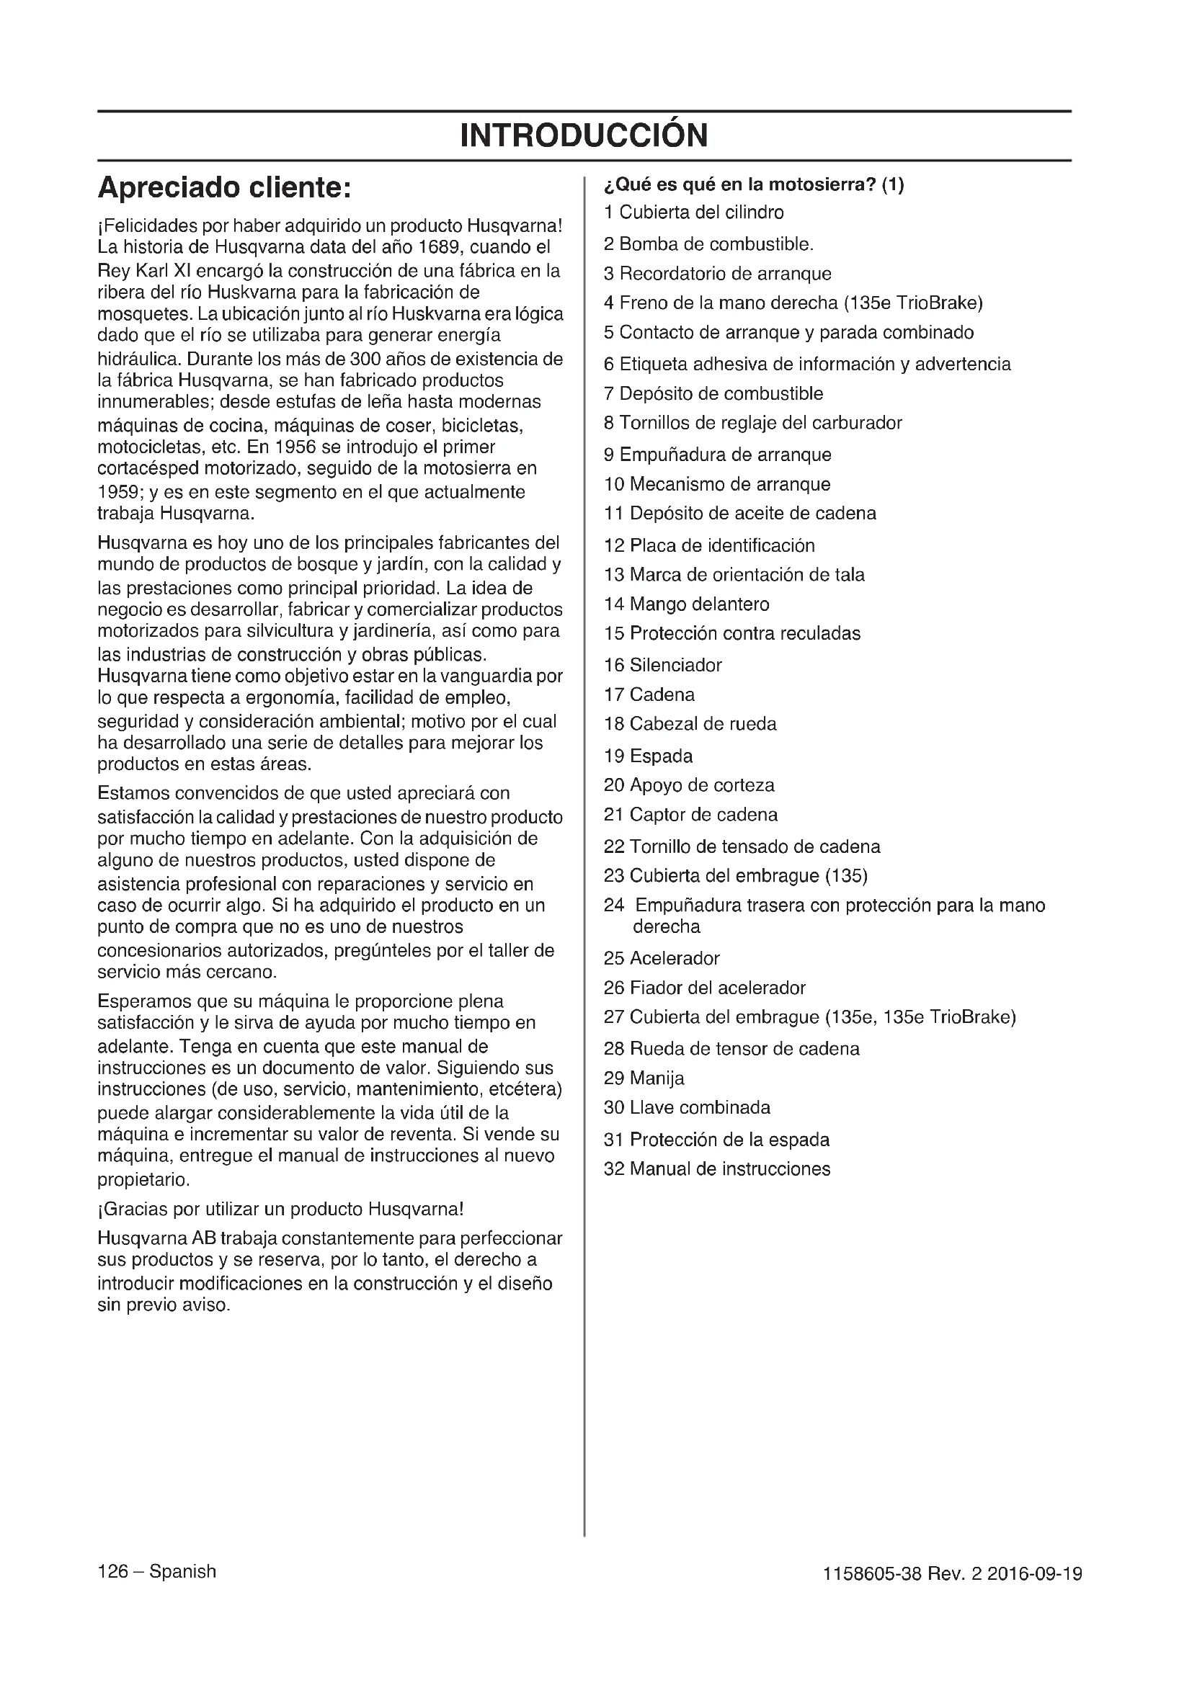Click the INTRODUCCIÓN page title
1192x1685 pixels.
pyautogui.click(x=584, y=135)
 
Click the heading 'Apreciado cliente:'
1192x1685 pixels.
pyautogui.click(x=225, y=188)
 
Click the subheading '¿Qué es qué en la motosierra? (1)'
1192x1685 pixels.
pyautogui.click(x=754, y=185)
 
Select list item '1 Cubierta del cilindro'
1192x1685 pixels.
pyautogui.click(x=693, y=213)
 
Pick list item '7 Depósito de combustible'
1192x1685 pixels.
pyautogui.click(x=713, y=394)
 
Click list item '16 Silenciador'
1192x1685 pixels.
pyautogui.click(x=663, y=666)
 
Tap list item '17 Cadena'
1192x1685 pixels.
pyautogui.click(x=649, y=695)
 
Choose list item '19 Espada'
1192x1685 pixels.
pyautogui.click(x=648, y=756)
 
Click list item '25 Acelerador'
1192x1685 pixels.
pyautogui.click(x=662, y=958)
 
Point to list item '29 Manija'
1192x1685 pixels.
pyautogui.click(x=644, y=1078)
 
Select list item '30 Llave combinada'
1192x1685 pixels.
pyautogui.click(x=687, y=1107)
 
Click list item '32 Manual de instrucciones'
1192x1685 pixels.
pyautogui.click(x=717, y=1169)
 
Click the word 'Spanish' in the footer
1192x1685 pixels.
pyautogui.click(x=183, y=1571)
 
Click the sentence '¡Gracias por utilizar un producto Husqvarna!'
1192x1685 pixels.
pyautogui.click(x=280, y=1209)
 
